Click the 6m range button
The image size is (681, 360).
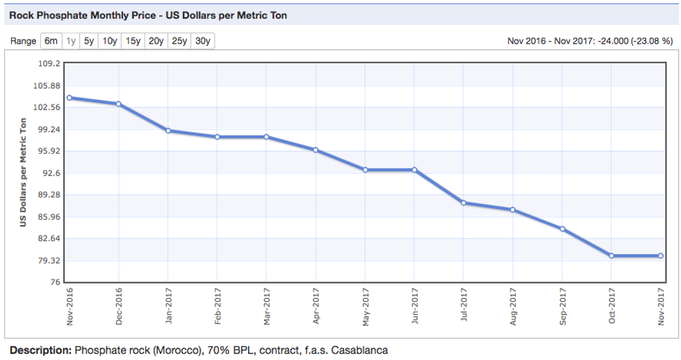[51, 41]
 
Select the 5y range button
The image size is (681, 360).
[89, 41]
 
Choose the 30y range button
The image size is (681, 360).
[203, 41]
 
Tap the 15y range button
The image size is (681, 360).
[133, 41]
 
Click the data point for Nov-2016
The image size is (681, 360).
[69, 98]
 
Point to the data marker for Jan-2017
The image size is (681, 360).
[168, 131]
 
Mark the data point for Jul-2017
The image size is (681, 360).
[463, 203]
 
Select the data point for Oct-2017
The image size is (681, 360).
[612, 256]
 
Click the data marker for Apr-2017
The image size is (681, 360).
[315, 150]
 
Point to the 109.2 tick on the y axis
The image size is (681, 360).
[52, 63]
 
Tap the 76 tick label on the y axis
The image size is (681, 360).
[56, 283]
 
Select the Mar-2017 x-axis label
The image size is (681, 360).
[267, 306]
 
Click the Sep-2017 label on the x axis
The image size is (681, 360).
[562, 306]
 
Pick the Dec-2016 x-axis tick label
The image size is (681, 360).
[119, 306]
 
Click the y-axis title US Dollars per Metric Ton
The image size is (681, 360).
[22, 172]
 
